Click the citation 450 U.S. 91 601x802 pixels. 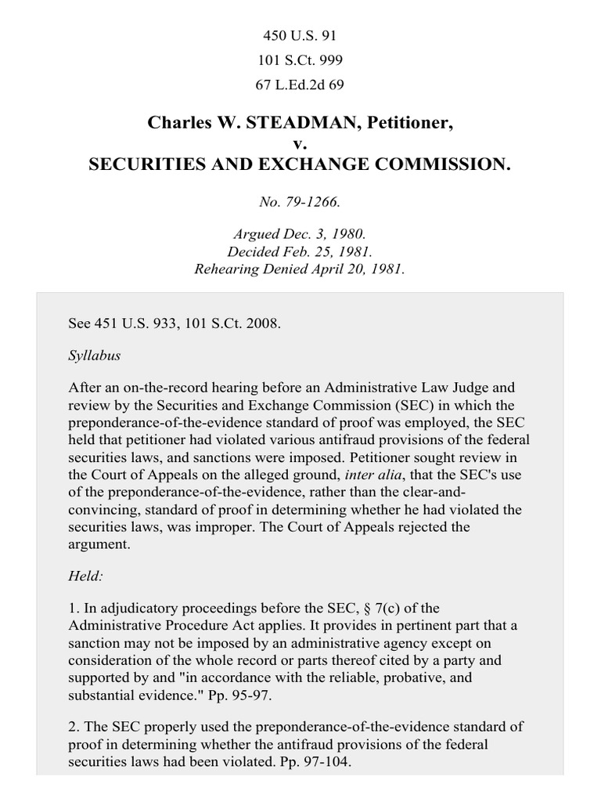[300, 36]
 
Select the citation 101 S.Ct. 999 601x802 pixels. [300, 60]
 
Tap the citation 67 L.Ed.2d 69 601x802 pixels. [300, 83]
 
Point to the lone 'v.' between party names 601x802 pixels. [300, 144]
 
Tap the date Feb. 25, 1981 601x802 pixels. [320, 251]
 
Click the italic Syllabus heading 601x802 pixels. [94, 355]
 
